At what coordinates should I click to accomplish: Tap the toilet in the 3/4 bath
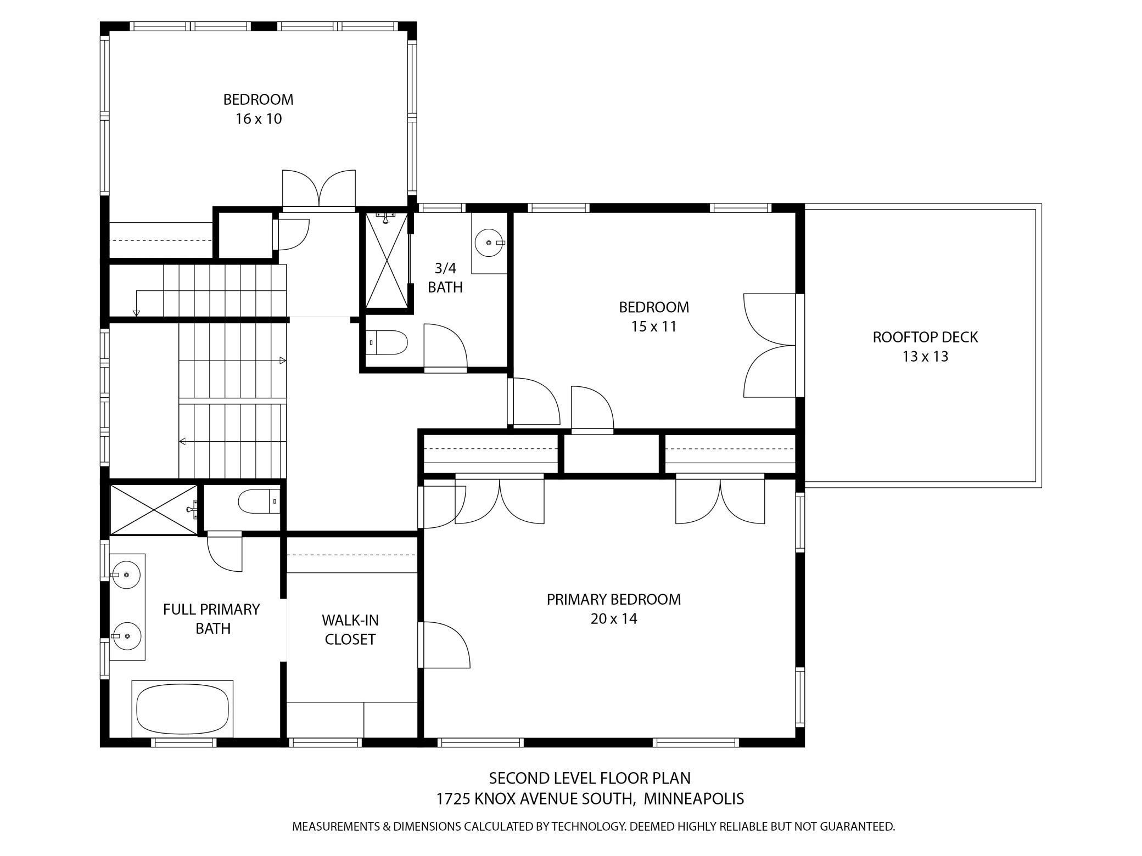click(x=387, y=343)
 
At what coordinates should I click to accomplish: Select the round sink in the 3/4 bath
click(x=489, y=242)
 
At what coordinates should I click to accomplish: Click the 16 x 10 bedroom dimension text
click(x=259, y=119)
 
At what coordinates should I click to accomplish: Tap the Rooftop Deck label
click(x=925, y=337)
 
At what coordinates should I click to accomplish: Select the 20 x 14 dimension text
click(x=614, y=618)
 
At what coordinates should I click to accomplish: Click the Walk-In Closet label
click(x=350, y=629)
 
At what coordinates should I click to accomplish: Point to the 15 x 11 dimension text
click(x=653, y=326)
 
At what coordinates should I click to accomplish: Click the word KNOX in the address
click(x=495, y=798)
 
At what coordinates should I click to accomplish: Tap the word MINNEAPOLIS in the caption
click(x=693, y=798)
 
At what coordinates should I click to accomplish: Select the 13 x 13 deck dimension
click(x=925, y=357)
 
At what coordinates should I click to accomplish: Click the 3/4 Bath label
click(x=445, y=278)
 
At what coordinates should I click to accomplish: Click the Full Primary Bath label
click(x=211, y=618)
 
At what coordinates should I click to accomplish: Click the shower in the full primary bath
click(x=154, y=509)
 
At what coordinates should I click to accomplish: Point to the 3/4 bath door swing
click(x=445, y=346)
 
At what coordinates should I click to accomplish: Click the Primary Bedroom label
click(x=614, y=599)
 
